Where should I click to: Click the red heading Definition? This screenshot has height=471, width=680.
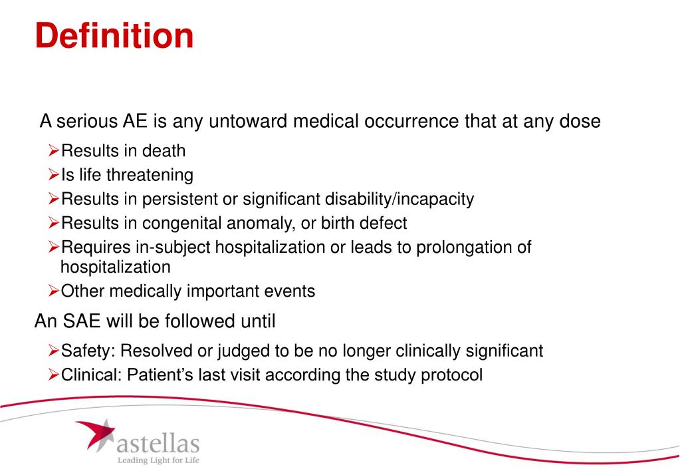pos(114,35)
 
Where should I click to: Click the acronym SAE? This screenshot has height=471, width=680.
pos(84,322)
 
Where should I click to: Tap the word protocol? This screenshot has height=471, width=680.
pos(452,375)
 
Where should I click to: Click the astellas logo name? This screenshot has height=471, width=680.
pos(157,442)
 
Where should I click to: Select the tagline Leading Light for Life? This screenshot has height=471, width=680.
pos(158,460)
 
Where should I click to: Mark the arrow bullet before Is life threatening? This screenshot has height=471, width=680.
pos(54,175)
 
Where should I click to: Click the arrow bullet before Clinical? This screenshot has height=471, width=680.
pos(54,375)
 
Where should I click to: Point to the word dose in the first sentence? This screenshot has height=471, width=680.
pos(580,122)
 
